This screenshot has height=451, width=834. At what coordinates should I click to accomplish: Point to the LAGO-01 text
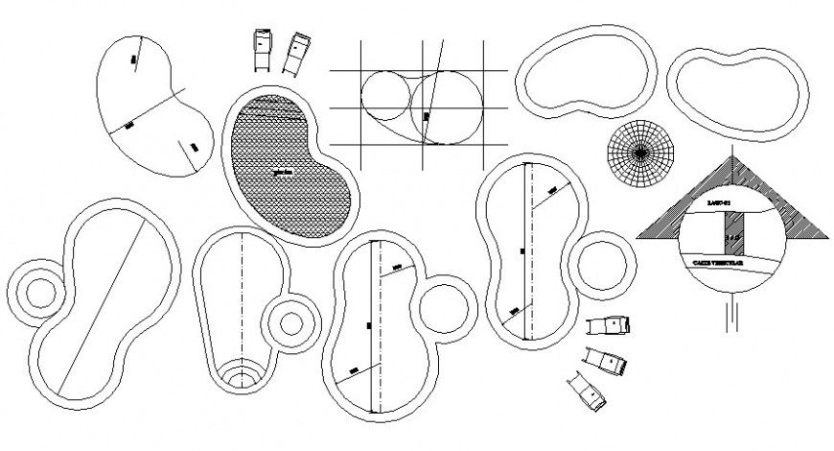coord(718,203)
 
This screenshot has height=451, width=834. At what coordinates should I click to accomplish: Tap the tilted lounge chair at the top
coord(296,52)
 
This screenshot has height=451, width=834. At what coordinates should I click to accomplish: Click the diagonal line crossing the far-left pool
coord(105,309)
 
